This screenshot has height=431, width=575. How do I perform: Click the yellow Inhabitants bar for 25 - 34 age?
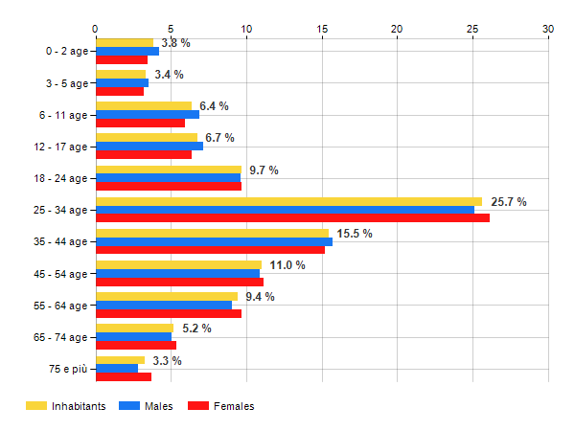pyautogui.click(x=287, y=201)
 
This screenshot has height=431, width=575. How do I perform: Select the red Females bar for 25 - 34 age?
pyautogui.click(x=291, y=217)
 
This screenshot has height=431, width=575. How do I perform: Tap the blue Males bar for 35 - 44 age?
pyautogui.click(x=213, y=241)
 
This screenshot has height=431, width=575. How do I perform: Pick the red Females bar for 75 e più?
pyautogui.click(x=123, y=376)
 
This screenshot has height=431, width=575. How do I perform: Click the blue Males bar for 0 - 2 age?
pyautogui.click(x=126, y=51)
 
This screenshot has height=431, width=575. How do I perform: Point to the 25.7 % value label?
pyautogui.click(x=508, y=202)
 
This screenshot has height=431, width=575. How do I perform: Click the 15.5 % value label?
pyautogui.click(x=356, y=234)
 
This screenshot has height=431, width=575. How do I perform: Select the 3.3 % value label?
pyautogui.click(x=167, y=360)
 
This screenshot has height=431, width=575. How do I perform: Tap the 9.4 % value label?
pyautogui.click(x=260, y=297)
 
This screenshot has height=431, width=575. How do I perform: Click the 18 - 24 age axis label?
pyautogui.click(x=62, y=178)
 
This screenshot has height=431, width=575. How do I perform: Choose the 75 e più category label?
pyautogui.click(x=67, y=369)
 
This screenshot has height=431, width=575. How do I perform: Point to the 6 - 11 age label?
pyautogui.click(x=65, y=115)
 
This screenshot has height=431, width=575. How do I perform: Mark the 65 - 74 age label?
pyautogui.click(x=62, y=337)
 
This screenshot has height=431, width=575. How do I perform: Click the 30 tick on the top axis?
pyautogui.click(x=548, y=29)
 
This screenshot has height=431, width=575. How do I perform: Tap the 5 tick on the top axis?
pyautogui.click(x=171, y=29)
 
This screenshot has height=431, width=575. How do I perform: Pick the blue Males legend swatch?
pyautogui.click(x=128, y=406)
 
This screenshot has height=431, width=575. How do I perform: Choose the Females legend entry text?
pyautogui.click(x=234, y=406)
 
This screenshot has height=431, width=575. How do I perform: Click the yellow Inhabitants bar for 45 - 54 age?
pyautogui.click(x=178, y=264)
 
